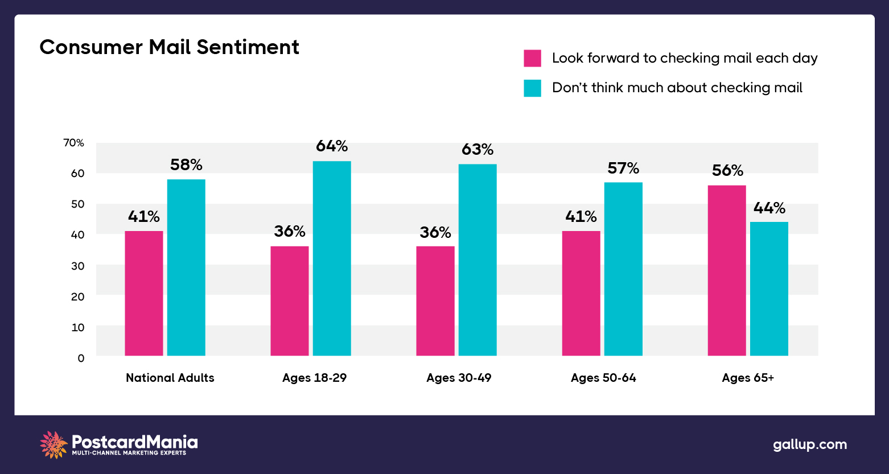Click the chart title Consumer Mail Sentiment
coord(169,47)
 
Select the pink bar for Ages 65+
coord(726,270)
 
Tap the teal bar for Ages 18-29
coord(332,258)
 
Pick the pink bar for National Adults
coord(144,293)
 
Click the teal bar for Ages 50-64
coord(623,269)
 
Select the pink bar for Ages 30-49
coord(435,300)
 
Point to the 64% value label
coord(332,146)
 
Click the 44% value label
coord(769,208)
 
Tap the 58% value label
coord(186,165)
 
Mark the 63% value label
coord(478,150)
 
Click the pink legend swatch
coord(532,58)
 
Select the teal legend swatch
coord(532,88)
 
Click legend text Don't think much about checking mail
coord(677,88)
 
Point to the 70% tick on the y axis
coord(73,143)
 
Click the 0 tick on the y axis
coord(81,358)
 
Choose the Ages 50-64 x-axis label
coord(603,378)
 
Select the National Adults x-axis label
coord(170,378)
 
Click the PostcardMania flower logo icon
coord(53,444)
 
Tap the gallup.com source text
coord(809,444)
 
